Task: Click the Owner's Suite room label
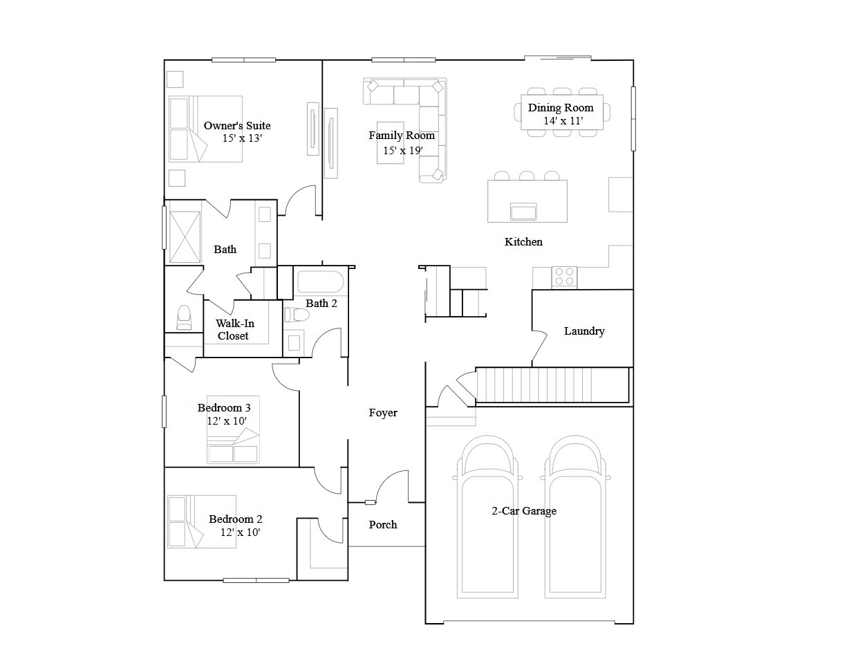236,126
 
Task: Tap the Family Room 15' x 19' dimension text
403,150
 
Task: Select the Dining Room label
561,107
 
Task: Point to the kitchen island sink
523,212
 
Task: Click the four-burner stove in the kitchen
564,277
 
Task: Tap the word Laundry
584,331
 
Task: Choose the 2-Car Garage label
524,511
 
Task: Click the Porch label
383,524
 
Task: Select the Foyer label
383,413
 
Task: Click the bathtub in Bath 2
321,281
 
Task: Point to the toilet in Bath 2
297,315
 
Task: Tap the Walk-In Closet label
234,329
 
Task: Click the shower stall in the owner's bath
185,237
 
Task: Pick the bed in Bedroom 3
233,429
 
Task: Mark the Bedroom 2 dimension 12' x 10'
240,532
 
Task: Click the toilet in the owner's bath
184,317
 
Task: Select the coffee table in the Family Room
391,143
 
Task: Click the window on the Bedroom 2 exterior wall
256,580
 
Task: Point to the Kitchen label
523,242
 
